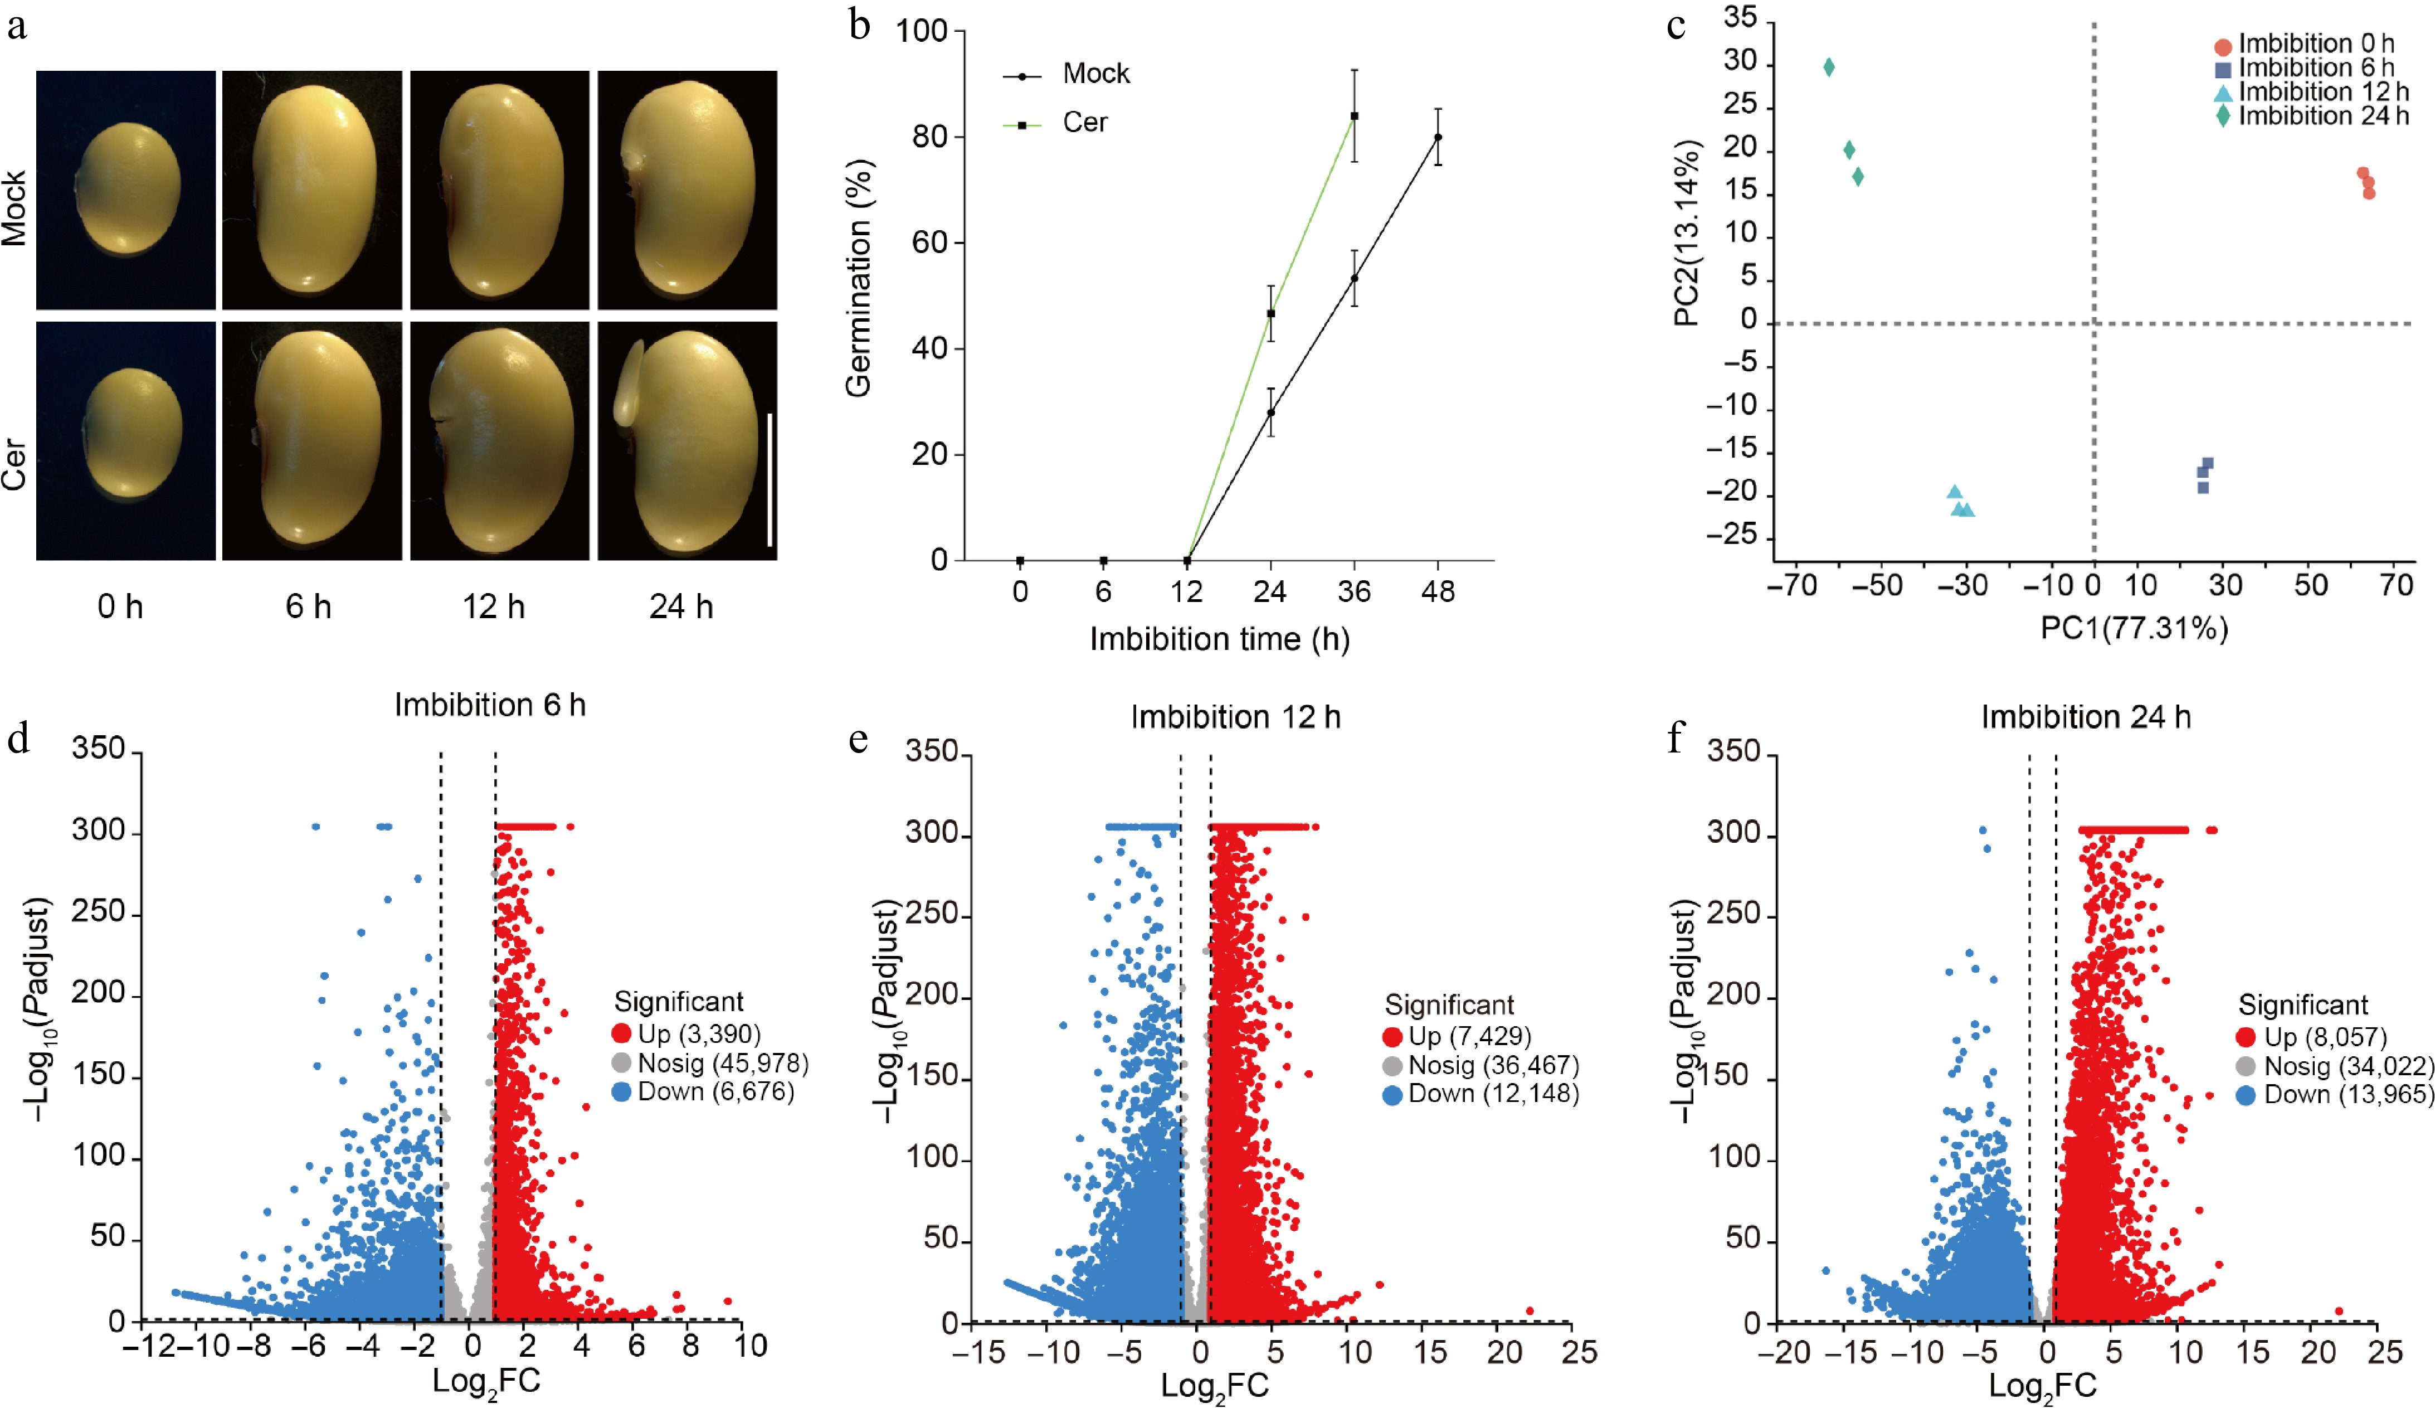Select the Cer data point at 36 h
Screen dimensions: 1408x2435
(x=1355, y=116)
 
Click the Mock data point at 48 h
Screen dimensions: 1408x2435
(x=1438, y=137)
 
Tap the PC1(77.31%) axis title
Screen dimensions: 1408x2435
(x=2134, y=629)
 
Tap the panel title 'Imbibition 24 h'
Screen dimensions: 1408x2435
(x=2085, y=717)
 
